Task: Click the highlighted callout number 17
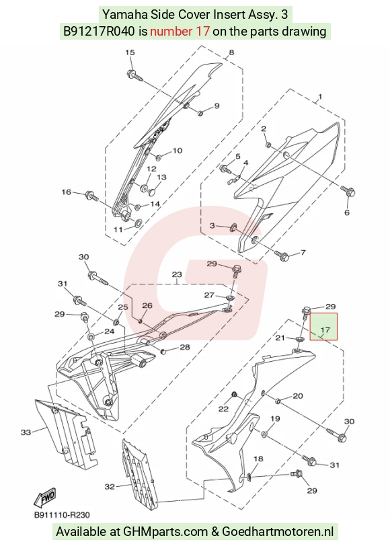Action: coord(325,329)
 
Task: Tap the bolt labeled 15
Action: coord(134,75)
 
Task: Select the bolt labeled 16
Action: coord(91,196)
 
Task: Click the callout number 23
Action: coord(177,274)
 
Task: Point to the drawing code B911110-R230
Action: coord(62,515)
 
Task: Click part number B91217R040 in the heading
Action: coord(99,32)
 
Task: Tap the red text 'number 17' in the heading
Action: coord(180,32)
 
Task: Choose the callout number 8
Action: coord(231,52)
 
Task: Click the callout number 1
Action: coord(320,96)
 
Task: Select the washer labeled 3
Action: coord(232,228)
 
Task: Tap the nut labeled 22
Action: coord(235,394)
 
